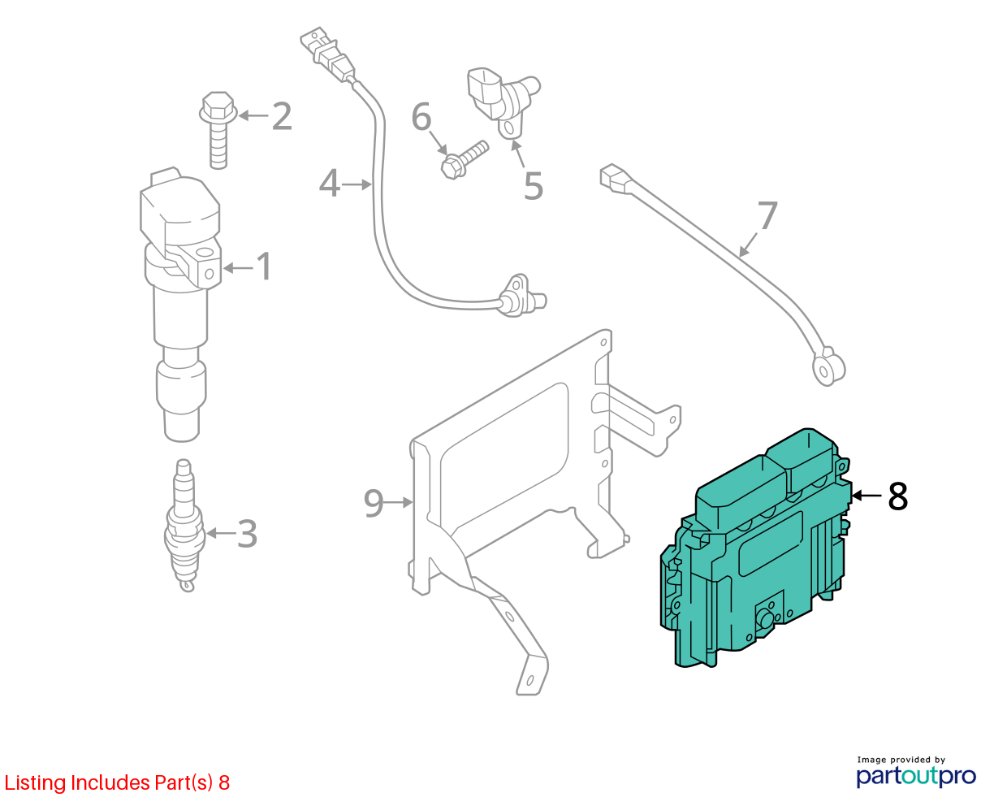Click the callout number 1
(x=264, y=266)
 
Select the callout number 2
(x=282, y=116)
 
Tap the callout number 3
(x=247, y=534)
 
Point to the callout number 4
(x=330, y=183)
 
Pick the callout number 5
(x=534, y=185)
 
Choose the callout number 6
(x=421, y=117)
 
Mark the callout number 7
(x=767, y=214)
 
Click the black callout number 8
(x=898, y=496)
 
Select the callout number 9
(x=374, y=503)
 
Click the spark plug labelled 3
(x=185, y=525)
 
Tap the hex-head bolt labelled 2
(x=218, y=129)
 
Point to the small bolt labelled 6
(x=465, y=160)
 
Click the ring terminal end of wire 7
(x=828, y=368)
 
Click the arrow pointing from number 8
(x=867, y=496)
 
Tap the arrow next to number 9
(x=399, y=502)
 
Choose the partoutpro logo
(x=915, y=777)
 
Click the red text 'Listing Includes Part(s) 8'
(x=117, y=782)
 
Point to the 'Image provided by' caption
(x=901, y=760)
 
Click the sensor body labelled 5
(x=502, y=101)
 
